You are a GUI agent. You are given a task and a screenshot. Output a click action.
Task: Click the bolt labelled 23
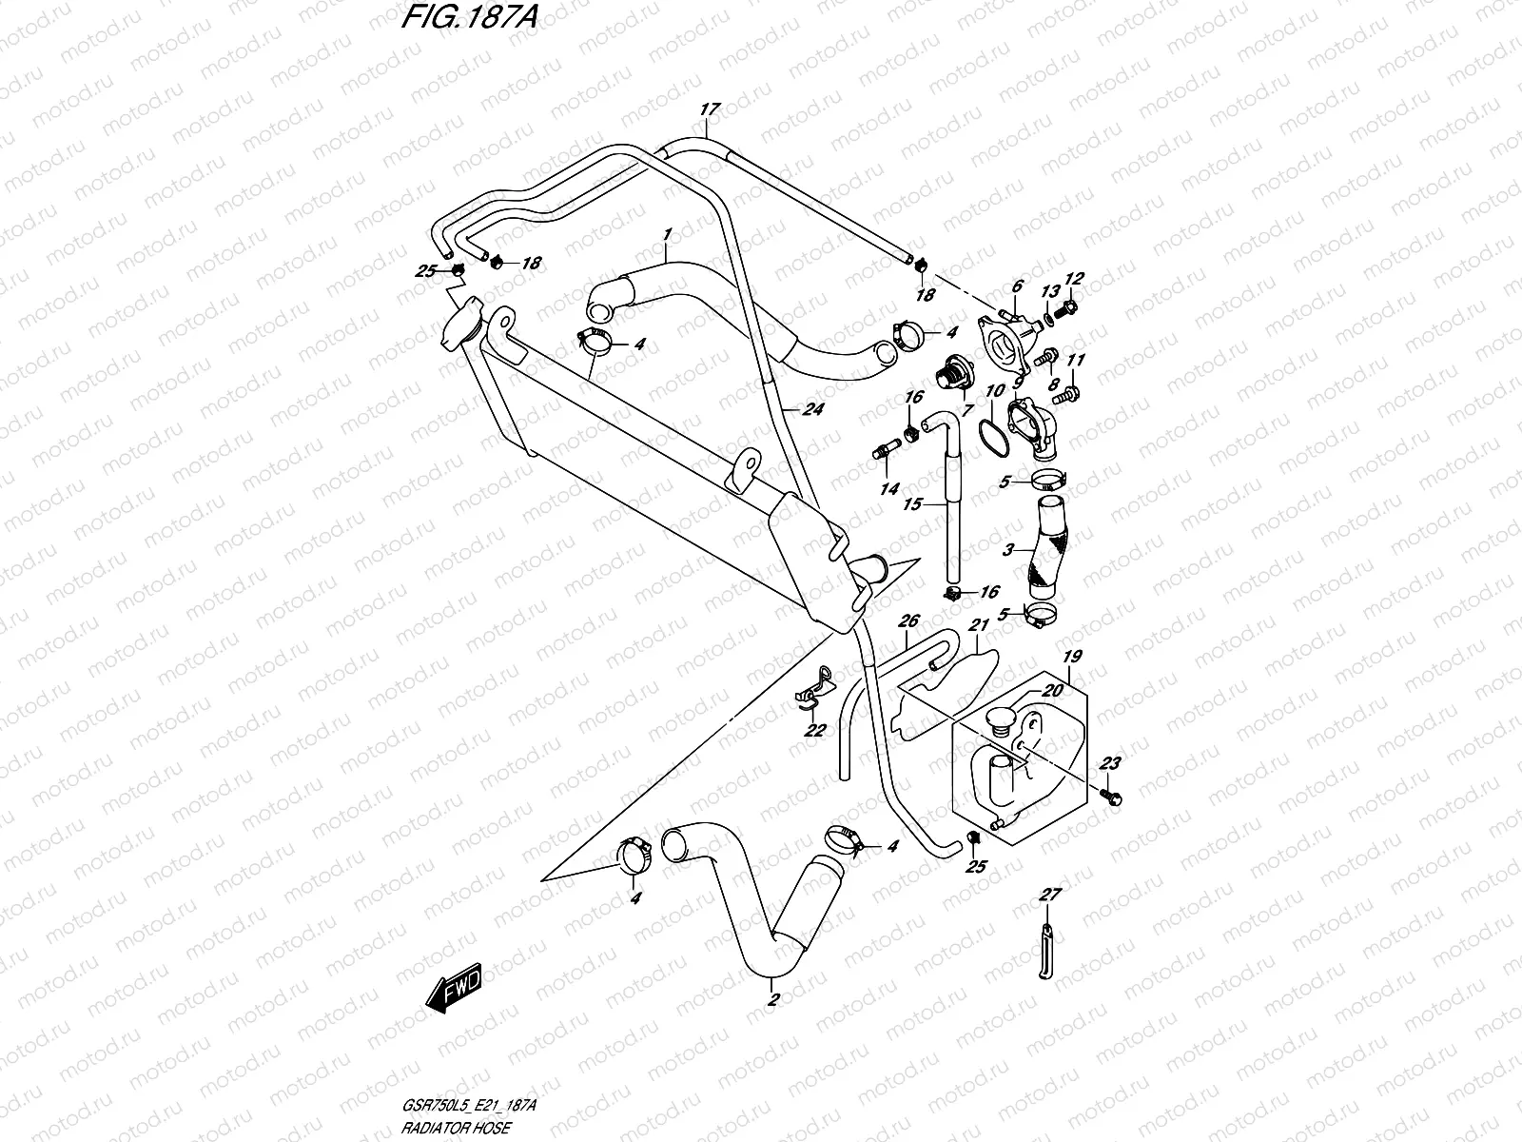point(1110,794)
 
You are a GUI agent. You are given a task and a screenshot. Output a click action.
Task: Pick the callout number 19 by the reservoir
point(1072,657)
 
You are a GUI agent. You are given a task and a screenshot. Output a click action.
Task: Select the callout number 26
point(908,621)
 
